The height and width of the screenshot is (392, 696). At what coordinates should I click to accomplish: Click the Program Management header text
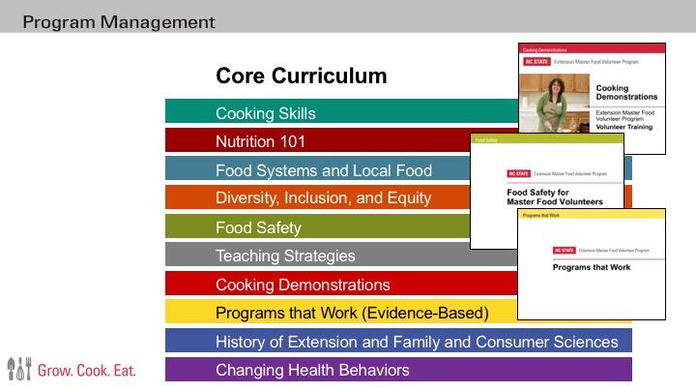pos(119,21)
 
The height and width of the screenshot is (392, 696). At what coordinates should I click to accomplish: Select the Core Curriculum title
pos(301,75)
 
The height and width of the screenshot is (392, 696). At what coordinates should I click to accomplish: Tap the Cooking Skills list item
pos(265,113)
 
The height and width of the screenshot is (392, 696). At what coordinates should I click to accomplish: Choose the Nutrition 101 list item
pos(260,141)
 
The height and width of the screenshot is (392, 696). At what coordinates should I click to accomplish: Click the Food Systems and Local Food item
pos(323,170)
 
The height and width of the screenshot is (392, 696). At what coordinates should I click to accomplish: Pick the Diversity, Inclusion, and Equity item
pos(323,198)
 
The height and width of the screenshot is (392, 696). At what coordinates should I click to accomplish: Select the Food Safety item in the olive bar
pos(258,227)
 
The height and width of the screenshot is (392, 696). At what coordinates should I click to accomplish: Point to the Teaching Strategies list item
pos(285,256)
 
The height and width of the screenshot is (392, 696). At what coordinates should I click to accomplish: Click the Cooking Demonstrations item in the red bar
pos(303,285)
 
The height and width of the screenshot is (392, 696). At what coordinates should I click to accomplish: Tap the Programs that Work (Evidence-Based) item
pos(352,313)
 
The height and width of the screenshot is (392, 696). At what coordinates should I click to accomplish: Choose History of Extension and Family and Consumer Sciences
pos(417,342)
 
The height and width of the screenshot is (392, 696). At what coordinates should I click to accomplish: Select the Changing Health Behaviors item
pos(312,370)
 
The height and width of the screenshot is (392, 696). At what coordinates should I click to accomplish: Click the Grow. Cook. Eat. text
pos(87,370)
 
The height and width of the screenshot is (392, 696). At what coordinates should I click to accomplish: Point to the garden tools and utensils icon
pos(19,368)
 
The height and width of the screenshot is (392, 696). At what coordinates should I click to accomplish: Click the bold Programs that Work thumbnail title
pos(591,266)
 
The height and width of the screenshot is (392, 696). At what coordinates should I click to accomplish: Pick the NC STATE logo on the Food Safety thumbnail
pos(517,174)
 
